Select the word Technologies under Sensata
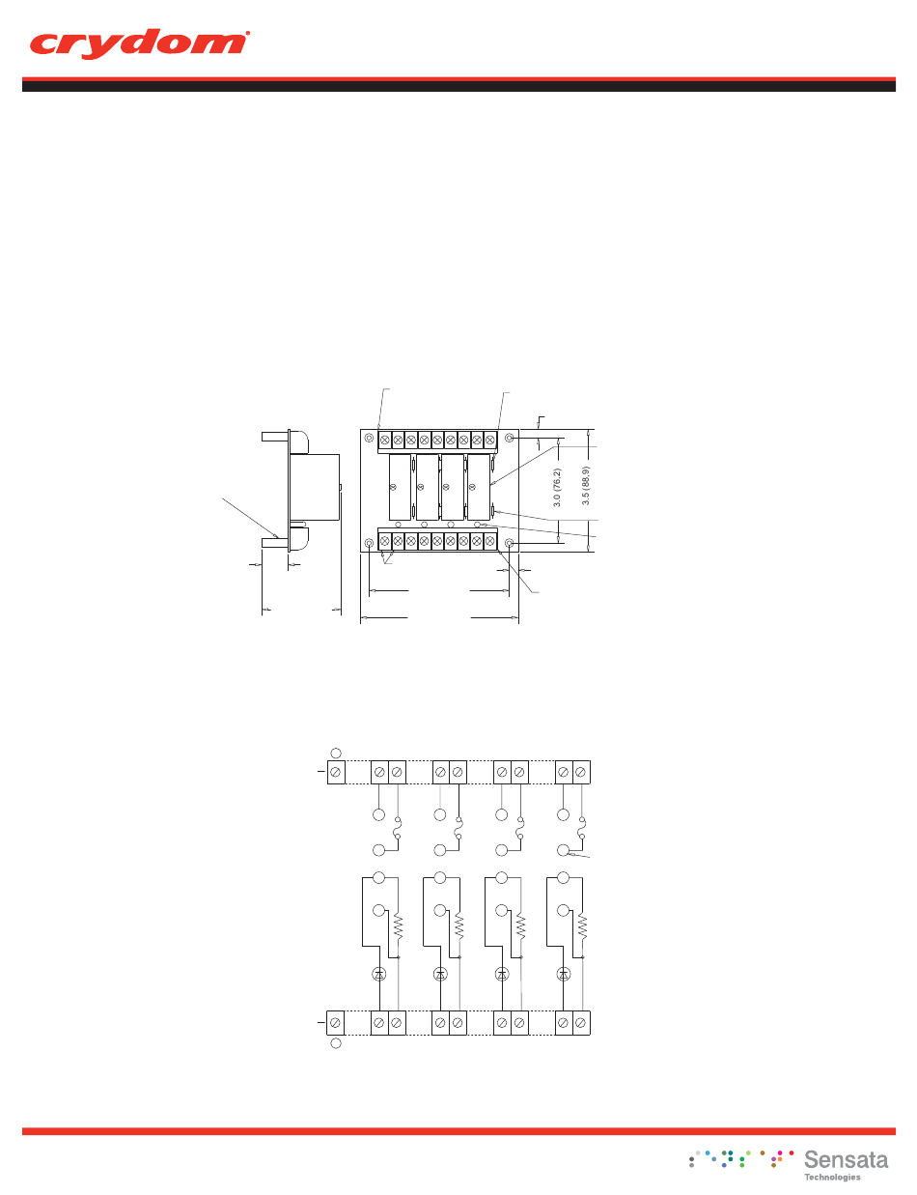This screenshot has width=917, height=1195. coord(832,1178)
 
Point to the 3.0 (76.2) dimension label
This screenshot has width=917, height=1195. coord(557,488)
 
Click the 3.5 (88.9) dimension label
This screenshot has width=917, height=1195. coord(586,486)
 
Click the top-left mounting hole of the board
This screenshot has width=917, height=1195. coord(370,439)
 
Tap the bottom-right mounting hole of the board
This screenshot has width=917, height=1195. coord(510,544)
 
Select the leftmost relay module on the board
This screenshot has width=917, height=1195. coord(400,487)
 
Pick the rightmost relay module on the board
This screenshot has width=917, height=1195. coord(479,487)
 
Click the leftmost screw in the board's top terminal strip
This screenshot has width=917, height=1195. coord(384,440)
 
